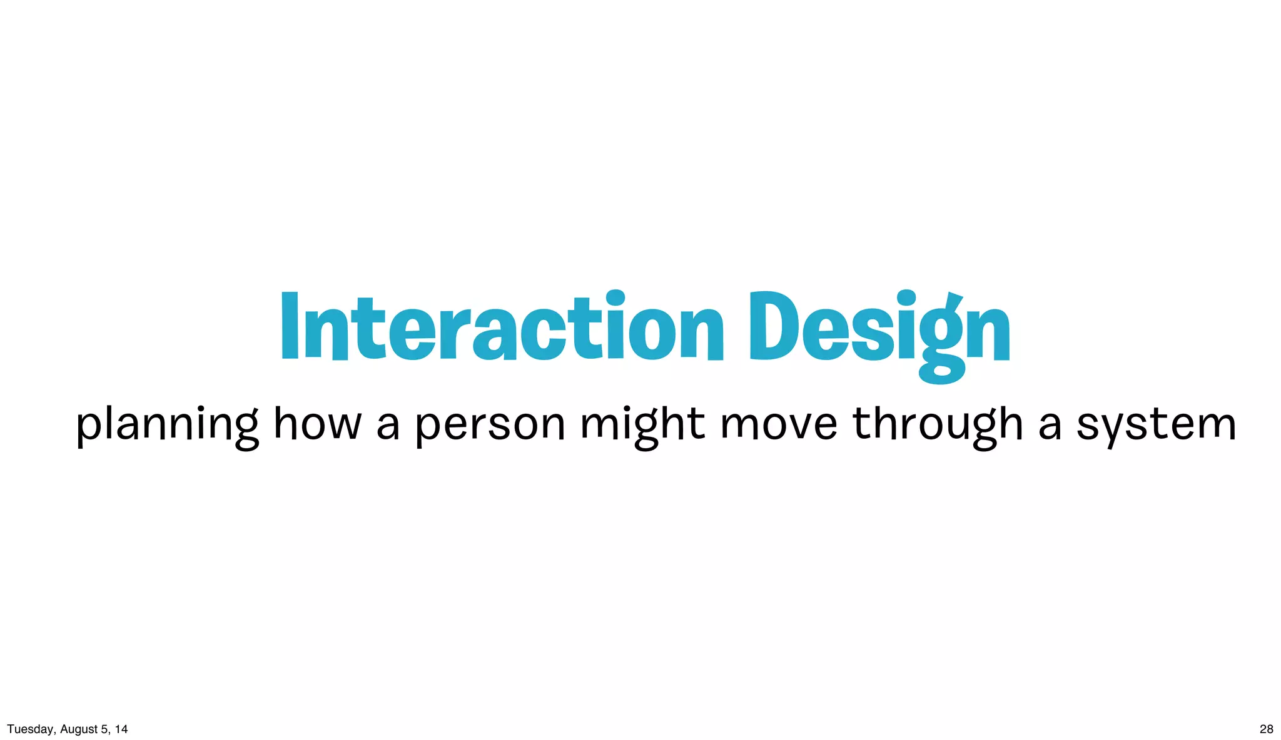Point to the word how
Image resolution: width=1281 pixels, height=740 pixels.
pos(318,423)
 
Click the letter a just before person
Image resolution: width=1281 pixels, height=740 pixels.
pos(388,425)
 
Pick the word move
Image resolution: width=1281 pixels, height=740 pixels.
pos(779,425)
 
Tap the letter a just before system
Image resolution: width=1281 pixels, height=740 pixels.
pos(1050,425)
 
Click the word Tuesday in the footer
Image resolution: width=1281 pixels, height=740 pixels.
pos(30,729)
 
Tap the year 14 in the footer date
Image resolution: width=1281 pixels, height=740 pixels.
pos(121,729)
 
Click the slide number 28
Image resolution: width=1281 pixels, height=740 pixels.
pos(1266,729)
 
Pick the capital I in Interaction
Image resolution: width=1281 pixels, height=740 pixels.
pos(289,326)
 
